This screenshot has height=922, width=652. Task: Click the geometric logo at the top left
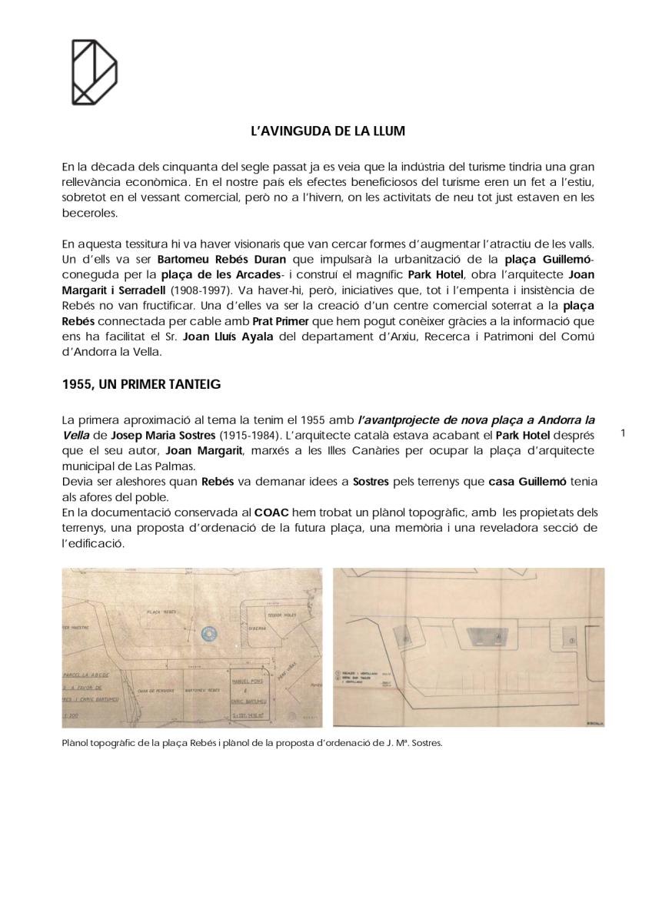[x=94, y=72]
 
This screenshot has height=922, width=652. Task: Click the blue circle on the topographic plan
[x=207, y=634]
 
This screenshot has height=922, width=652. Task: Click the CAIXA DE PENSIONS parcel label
[x=153, y=691]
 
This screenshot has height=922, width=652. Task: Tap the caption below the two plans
[x=252, y=743]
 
